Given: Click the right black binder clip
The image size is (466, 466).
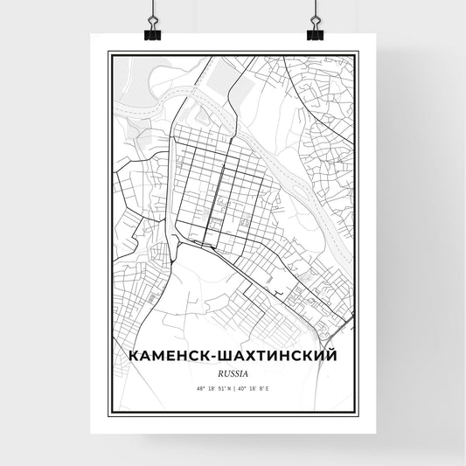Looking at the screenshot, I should (314, 31).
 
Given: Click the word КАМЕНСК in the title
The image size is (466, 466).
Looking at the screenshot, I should (165, 356).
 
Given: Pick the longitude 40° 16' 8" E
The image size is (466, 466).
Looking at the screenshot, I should (255, 386).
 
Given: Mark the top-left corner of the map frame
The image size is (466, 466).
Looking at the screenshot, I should (109, 52).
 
